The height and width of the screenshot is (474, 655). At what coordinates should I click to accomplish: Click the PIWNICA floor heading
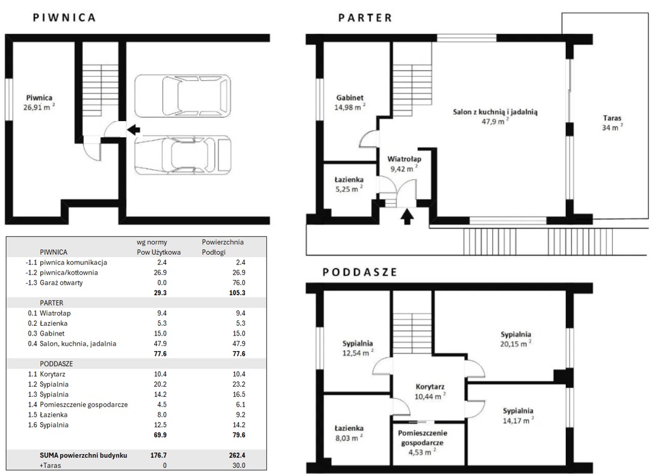coord(64,17)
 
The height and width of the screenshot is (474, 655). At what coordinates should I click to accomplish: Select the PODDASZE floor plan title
coord(359,272)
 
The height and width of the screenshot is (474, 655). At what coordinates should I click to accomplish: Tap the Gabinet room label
coord(350,98)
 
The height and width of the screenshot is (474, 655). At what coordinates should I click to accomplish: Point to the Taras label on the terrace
coord(612,118)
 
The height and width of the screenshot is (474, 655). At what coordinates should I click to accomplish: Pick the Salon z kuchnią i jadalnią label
coord(495,112)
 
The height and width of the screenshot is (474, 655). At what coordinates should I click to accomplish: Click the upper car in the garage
coord(182,96)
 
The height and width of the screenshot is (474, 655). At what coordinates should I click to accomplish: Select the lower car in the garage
coord(182,155)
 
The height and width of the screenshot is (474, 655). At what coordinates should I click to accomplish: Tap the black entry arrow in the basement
coord(133,129)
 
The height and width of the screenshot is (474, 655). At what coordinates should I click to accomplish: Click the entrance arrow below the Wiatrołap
coord(408,217)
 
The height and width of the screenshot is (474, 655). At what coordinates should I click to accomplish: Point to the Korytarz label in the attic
coord(430,387)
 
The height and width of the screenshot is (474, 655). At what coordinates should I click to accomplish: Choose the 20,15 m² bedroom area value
coord(516,344)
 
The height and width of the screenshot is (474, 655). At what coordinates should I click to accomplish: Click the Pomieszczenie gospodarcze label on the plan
coord(423,438)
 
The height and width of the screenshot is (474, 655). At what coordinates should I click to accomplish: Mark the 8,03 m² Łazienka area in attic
coord(349,438)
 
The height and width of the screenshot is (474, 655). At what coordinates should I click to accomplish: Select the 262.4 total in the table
coord(237,455)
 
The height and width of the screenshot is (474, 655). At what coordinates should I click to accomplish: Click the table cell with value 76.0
coord(239,282)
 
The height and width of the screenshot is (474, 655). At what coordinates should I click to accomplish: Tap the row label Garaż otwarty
coord(61,282)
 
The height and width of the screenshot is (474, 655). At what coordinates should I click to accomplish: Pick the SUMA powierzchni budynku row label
coord(84,455)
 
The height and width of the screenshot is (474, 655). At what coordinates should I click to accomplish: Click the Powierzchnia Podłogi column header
coord(223,247)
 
